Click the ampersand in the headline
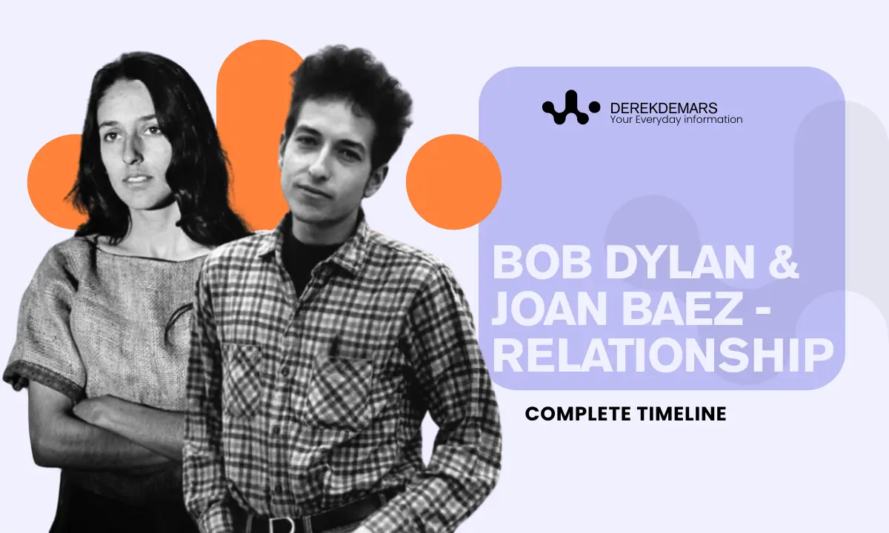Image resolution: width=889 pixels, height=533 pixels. (x=781, y=264)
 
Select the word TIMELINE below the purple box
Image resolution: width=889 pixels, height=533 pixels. (x=682, y=414)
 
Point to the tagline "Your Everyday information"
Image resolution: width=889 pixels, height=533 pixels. (x=676, y=120)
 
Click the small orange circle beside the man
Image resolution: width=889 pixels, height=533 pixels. (x=453, y=181)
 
